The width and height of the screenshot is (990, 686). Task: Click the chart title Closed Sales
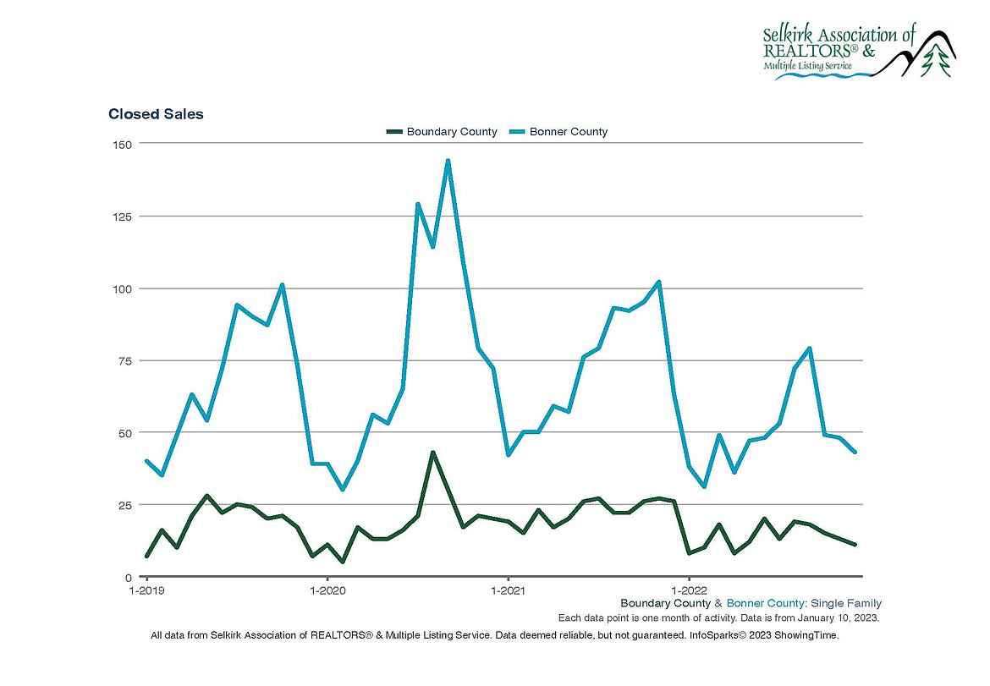pyautogui.click(x=156, y=114)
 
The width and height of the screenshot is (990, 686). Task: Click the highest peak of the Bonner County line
pyautogui.click(x=448, y=161)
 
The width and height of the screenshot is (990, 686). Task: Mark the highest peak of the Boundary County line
pyautogui.click(x=432, y=453)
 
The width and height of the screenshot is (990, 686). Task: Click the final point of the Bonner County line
pyautogui.click(x=855, y=453)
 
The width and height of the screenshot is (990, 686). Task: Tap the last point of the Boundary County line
pyautogui.click(x=855, y=545)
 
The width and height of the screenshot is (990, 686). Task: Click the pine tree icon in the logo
pyautogui.click(x=936, y=60)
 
